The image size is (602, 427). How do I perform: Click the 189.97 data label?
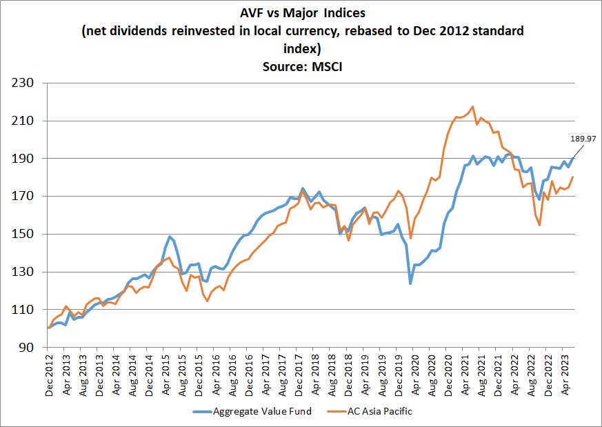[x=582, y=139]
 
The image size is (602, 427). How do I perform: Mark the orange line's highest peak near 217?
[x=472, y=107]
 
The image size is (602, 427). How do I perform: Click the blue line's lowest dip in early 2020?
[x=410, y=284]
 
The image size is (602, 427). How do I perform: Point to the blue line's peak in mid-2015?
[x=170, y=237]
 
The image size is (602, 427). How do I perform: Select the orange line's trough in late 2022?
[x=539, y=225]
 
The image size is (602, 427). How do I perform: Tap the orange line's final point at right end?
[x=573, y=177]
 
